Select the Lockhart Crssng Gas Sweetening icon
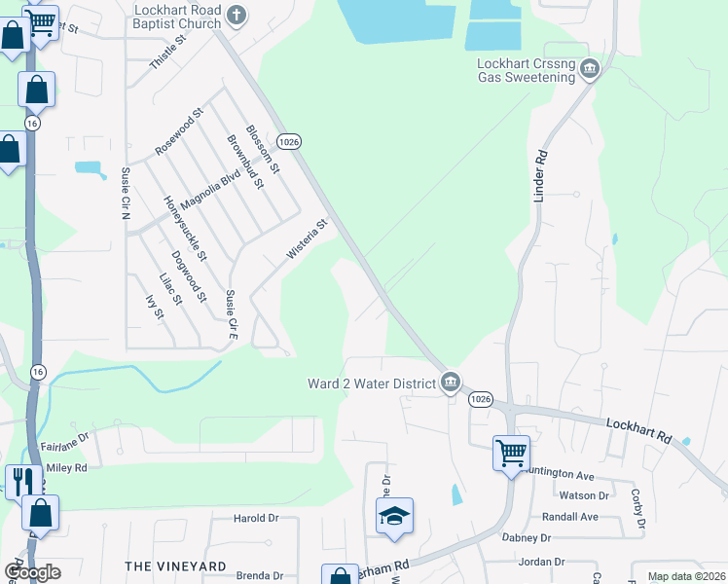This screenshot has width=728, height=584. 589,69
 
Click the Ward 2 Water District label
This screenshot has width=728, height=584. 372,383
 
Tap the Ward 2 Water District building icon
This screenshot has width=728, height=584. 450,383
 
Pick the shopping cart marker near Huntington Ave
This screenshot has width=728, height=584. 511,453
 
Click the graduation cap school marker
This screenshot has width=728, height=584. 394,516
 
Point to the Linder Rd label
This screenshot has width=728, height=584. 541,176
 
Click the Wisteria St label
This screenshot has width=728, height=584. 308,238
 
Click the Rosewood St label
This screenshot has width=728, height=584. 179,133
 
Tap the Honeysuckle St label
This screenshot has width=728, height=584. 185,229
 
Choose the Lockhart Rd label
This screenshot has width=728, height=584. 639,431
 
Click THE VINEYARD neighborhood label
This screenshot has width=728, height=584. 175,566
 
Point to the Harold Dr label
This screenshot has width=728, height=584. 256,519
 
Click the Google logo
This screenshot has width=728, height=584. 31,572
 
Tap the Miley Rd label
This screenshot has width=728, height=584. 66,468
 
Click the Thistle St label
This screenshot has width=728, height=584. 167,55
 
